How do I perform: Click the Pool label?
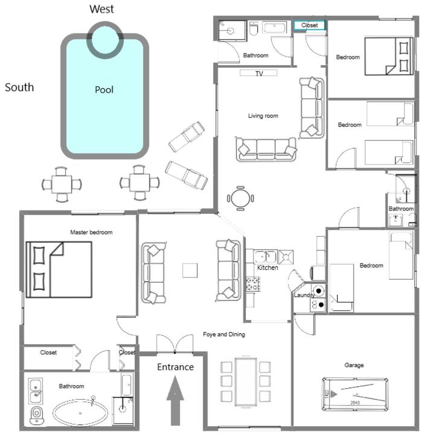104,90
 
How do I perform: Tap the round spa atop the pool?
105,40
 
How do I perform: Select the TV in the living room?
259,73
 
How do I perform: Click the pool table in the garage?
355,394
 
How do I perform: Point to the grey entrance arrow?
175,400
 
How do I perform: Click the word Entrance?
175,367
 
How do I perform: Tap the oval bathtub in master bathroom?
80,412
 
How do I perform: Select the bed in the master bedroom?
59,269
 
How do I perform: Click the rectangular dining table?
246,382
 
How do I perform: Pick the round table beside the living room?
240,198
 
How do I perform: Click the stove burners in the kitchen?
253,284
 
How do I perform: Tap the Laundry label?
304,295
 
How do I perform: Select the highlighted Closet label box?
309,25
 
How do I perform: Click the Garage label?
354,365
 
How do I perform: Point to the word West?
101,9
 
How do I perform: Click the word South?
19,87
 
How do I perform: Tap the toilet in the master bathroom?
37,415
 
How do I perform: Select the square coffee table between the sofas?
190,271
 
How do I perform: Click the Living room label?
263,116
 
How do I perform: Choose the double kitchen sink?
265,257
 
